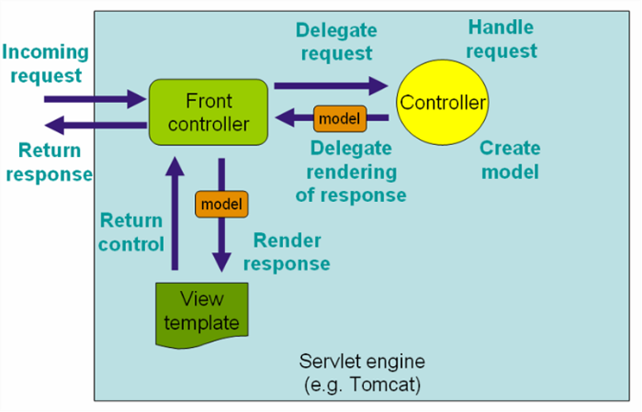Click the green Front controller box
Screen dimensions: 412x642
(208, 112)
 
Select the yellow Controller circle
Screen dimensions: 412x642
(442, 102)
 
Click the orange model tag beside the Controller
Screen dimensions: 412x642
(339, 119)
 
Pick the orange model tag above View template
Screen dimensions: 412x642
(221, 204)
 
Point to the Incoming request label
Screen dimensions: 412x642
(45, 63)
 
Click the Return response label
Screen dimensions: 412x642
(49, 162)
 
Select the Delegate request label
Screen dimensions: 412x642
(336, 41)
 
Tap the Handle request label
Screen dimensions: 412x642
(501, 40)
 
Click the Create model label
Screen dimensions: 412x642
(510, 159)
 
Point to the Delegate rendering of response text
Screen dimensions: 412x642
(350, 171)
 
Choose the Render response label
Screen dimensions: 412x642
(287, 251)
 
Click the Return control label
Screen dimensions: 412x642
(131, 231)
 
